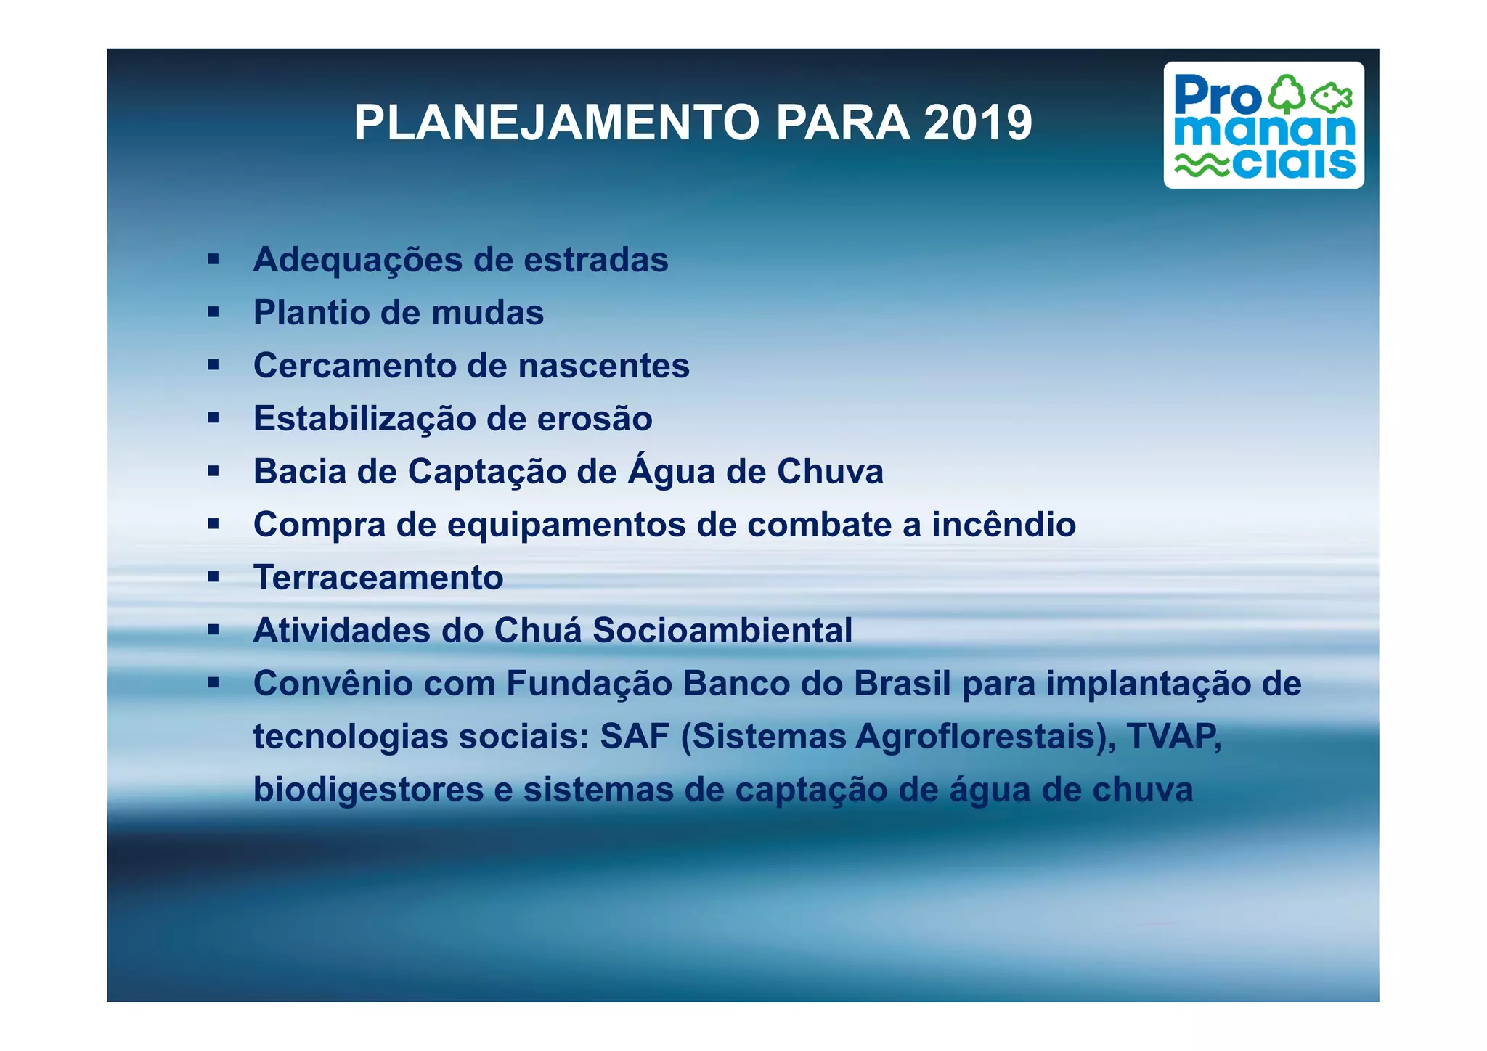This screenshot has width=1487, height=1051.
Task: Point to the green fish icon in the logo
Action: (x=1332, y=97)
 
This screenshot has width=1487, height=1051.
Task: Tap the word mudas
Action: (x=487, y=313)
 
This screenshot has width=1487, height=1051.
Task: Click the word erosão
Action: (x=594, y=419)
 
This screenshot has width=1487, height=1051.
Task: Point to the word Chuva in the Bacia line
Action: (x=830, y=472)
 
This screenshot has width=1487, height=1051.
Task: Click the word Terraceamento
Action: (x=378, y=578)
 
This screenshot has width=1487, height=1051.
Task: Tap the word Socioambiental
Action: (x=722, y=630)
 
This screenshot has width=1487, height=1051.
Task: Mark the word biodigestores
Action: (x=368, y=790)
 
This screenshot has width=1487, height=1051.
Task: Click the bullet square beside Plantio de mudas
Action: (x=213, y=313)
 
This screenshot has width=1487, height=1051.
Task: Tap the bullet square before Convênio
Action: (x=213, y=683)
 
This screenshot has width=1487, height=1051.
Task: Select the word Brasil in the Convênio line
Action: (x=902, y=684)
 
